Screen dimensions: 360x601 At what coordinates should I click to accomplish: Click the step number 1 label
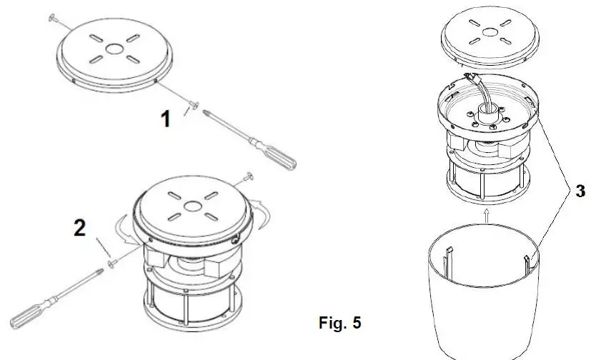[x=165, y=119]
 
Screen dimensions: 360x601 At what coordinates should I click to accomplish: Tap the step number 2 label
[x=80, y=229]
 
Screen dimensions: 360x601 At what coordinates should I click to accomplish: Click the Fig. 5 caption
[x=339, y=323]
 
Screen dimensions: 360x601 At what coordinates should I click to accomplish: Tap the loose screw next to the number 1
[x=192, y=106]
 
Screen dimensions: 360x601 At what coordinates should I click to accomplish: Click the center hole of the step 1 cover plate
[x=113, y=50]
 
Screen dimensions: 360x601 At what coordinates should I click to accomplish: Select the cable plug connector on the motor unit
[x=472, y=76]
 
